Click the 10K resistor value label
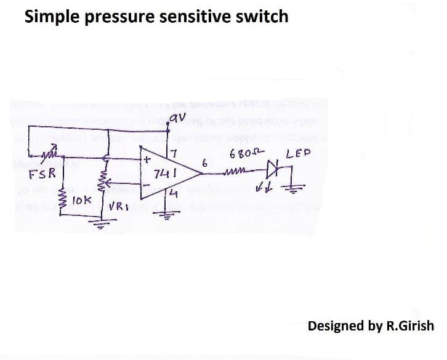point(81,201)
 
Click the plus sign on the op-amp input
point(147,159)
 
